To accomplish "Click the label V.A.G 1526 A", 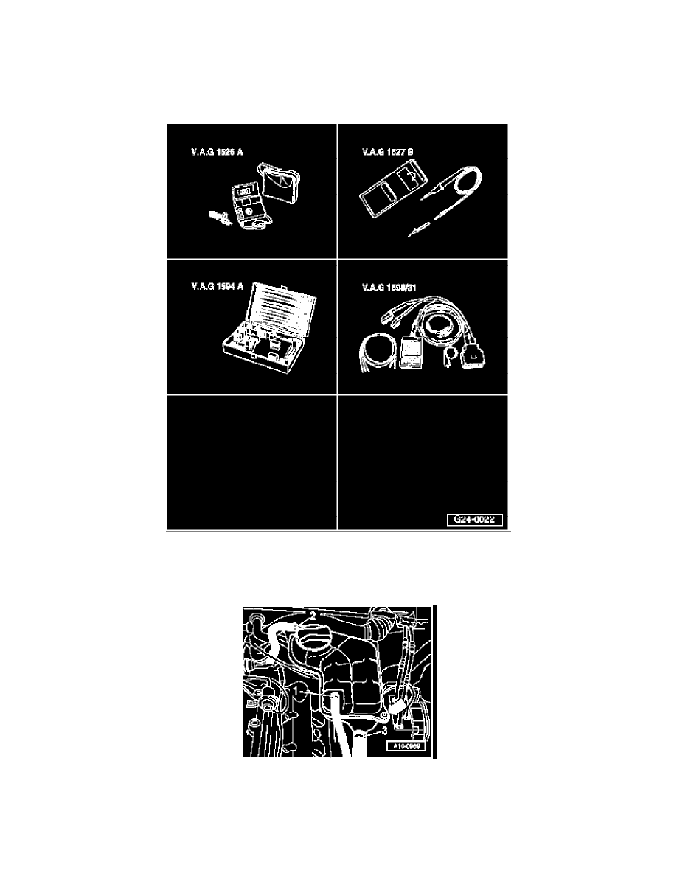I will [217, 154].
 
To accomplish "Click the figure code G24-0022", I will [474, 520].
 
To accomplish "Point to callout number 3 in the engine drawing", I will [384, 730].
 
